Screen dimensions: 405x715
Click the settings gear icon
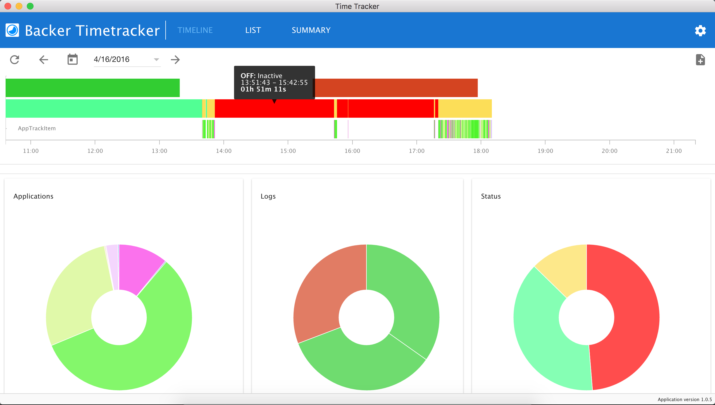click(x=700, y=30)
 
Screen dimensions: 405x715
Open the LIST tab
click(x=253, y=30)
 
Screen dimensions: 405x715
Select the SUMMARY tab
click(x=311, y=30)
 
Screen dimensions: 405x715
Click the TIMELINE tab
click(x=195, y=30)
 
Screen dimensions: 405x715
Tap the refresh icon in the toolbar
click(x=15, y=59)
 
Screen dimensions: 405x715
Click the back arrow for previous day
click(x=44, y=59)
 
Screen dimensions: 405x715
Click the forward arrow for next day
click(x=175, y=59)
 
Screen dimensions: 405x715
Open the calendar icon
click(x=72, y=59)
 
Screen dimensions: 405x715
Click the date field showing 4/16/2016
click(x=123, y=59)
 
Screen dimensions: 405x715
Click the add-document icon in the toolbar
click(x=700, y=60)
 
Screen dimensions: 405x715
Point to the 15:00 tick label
click(x=288, y=151)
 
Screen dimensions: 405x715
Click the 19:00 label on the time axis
click(x=545, y=151)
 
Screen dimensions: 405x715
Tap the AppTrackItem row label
click(x=37, y=128)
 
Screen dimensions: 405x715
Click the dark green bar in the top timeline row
click(x=92, y=88)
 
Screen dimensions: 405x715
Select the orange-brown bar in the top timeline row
click(x=397, y=88)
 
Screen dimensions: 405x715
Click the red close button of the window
click(x=8, y=6)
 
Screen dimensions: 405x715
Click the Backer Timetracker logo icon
click(x=12, y=30)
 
